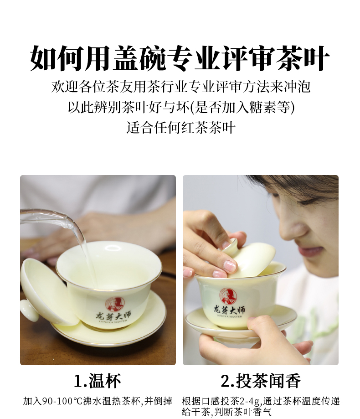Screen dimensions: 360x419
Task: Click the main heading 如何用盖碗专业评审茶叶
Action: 180,58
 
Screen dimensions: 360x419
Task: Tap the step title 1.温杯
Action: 97,381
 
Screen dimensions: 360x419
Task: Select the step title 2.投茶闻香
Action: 260,381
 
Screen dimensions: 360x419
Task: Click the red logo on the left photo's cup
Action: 115,304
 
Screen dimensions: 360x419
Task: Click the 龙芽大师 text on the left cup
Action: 113,316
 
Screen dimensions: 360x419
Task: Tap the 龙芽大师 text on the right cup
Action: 229,310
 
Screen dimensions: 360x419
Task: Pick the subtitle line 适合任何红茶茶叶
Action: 181,128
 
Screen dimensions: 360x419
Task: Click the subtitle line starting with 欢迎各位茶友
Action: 181,87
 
